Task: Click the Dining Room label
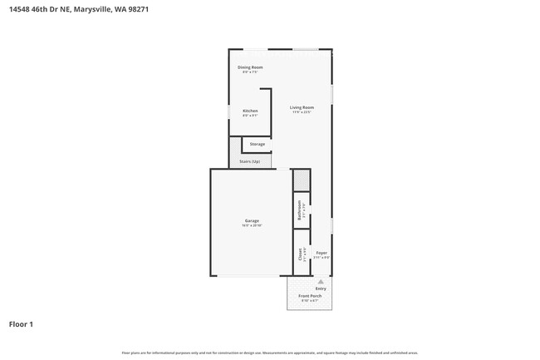pos(250,67)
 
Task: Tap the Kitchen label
pos(250,111)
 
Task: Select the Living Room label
pos(302,107)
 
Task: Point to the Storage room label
pos(258,144)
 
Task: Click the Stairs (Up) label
pos(250,161)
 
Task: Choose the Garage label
pos(252,220)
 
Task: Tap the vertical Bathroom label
pos(299,210)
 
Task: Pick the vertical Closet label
pos(300,254)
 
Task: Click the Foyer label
pos(322,253)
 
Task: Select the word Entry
pos(321,288)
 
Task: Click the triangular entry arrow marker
pos(321,282)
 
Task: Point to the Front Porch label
pos(310,296)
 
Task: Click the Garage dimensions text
pos(252,225)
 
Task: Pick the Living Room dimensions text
pos(302,112)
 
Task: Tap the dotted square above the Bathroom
pos(300,180)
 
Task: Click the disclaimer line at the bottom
pos(270,353)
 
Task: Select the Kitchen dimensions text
pos(250,116)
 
